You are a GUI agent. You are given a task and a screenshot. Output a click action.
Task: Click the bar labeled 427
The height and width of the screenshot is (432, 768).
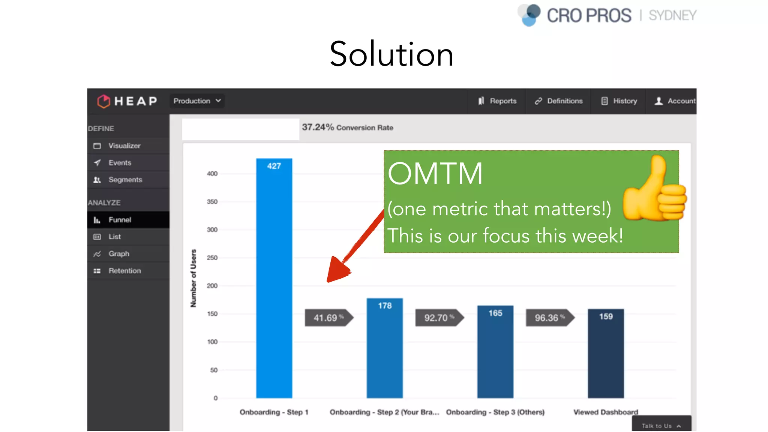click(x=274, y=277)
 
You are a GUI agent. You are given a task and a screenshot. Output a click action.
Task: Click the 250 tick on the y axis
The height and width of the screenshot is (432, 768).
click(x=212, y=258)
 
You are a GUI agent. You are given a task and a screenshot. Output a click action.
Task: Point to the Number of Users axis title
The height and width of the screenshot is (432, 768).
click(x=193, y=278)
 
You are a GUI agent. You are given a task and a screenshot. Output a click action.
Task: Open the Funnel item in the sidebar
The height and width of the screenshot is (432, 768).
click(x=120, y=220)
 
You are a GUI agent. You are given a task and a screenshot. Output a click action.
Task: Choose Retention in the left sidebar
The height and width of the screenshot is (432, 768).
click(x=124, y=271)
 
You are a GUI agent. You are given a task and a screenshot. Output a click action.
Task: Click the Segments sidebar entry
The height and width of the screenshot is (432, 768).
click(x=125, y=180)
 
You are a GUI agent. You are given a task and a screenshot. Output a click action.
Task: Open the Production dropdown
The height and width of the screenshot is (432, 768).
click(x=197, y=101)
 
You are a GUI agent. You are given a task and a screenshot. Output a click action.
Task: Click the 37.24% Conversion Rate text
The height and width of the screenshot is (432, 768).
click(x=347, y=127)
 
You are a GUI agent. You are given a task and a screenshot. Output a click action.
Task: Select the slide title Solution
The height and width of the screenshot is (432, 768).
click(x=391, y=54)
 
